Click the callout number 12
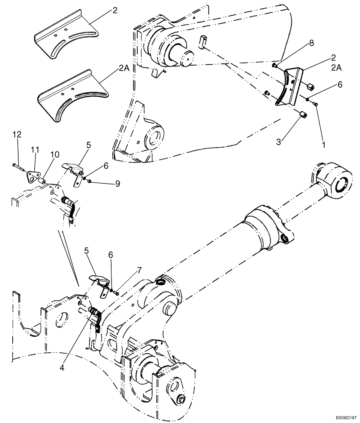click(16, 134)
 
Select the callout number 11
click(35, 150)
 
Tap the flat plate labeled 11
click(33, 175)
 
